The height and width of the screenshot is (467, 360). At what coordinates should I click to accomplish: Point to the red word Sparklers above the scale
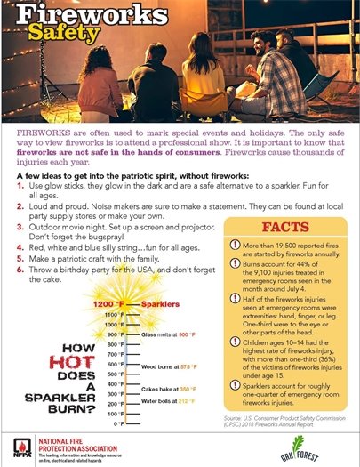pyautogui.click(x=172, y=305)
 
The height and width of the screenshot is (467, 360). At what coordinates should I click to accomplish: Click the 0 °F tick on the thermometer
pyautogui.click(x=118, y=424)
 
